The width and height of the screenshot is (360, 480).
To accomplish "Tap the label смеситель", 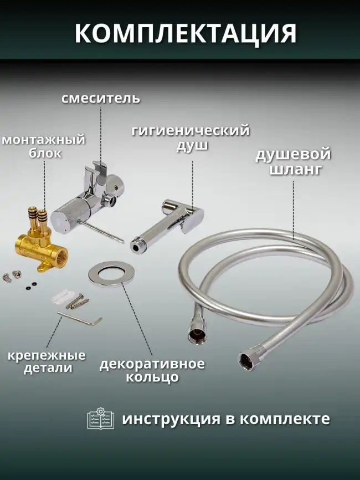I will click(x=100, y=99).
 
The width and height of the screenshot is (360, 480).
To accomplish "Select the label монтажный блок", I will click(x=43, y=146).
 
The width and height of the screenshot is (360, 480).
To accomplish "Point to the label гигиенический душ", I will click(x=191, y=138).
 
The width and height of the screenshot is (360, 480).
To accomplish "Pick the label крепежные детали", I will click(x=47, y=361).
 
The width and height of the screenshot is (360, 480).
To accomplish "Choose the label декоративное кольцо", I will click(x=152, y=371).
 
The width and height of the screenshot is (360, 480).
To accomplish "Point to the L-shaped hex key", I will click(x=80, y=319).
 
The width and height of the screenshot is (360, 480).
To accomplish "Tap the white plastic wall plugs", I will click(x=65, y=295).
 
